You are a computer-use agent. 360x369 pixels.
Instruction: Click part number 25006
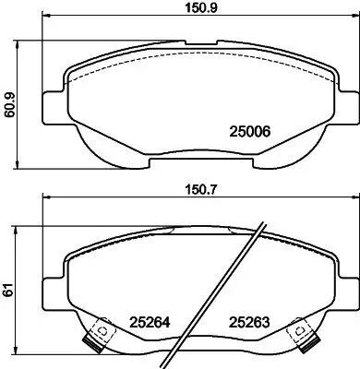[x=247, y=131]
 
